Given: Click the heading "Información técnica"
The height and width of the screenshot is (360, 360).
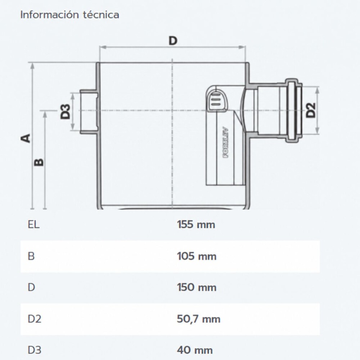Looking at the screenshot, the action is (70, 15).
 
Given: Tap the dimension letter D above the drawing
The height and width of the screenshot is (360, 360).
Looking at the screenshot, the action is (173, 41).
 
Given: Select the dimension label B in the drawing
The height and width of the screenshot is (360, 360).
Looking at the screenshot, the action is (39, 162).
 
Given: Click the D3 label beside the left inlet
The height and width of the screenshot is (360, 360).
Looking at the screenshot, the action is (65, 112).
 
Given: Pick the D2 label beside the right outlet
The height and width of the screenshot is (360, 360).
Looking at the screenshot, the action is (311, 110).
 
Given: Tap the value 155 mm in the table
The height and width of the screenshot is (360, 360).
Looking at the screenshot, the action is (196, 224).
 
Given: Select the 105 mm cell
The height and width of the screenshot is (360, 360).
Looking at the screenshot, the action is (197, 256).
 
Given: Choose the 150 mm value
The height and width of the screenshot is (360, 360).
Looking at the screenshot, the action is (197, 287).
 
